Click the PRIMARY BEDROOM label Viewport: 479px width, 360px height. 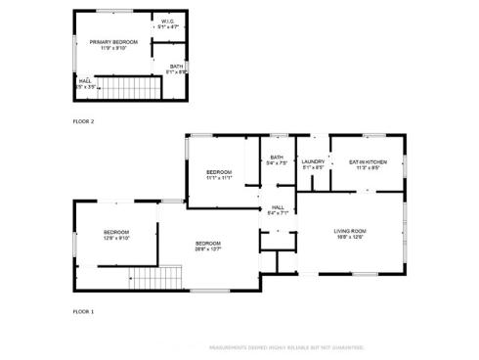point(113,42)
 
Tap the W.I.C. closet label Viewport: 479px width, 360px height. point(168,22)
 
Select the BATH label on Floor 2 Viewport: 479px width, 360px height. point(176,66)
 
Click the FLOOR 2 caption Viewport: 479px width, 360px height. point(84,121)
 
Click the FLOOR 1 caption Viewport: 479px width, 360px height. point(84,311)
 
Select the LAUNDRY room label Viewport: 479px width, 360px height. point(313,161)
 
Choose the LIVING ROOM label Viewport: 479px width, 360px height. point(352,230)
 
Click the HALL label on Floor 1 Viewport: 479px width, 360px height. point(278,206)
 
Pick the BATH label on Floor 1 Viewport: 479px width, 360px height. point(277,157)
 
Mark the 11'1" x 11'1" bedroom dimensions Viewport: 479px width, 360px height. point(219,178)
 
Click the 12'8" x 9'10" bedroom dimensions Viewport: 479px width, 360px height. point(117,238)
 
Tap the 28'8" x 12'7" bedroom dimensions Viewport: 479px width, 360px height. point(207,248)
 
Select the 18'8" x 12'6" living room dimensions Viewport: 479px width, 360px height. point(352,236)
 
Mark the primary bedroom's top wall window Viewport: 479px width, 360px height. point(113,11)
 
